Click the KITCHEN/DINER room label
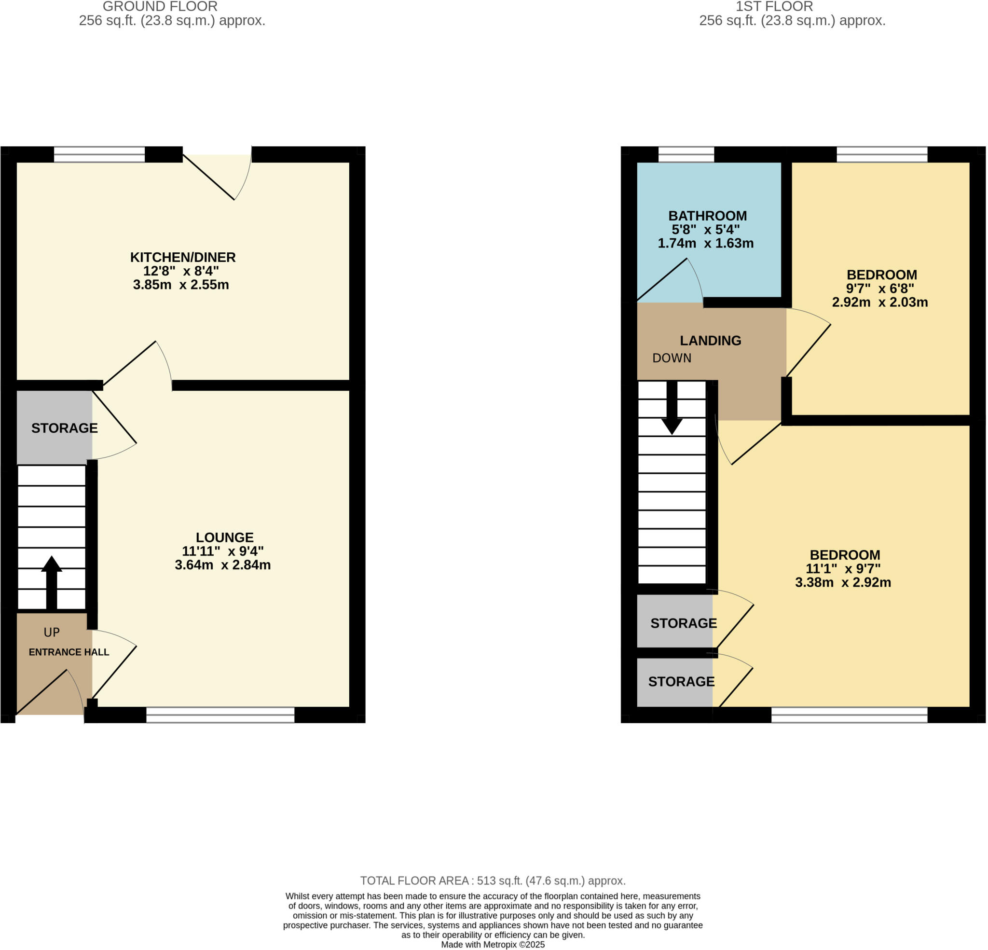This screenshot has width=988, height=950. (182, 257)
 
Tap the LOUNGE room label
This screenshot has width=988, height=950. (224, 537)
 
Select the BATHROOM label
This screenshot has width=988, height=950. (707, 216)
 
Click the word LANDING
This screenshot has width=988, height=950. (710, 340)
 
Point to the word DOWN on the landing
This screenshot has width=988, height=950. (672, 358)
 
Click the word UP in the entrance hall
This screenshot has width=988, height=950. (52, 633)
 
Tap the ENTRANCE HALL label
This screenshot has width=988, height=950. (69, 652)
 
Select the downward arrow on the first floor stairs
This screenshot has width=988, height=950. (672, 409)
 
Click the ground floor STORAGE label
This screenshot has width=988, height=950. (65, 428)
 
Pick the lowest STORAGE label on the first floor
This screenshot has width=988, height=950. (681, 682)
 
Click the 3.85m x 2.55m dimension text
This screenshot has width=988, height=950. (180, 285)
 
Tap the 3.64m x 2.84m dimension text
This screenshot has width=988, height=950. (222, 565)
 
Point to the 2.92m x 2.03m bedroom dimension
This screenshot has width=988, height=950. (879, 302)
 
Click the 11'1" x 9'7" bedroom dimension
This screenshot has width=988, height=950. (843, 569)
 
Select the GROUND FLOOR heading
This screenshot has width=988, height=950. (160, 7)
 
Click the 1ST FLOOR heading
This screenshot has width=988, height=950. (774, 7)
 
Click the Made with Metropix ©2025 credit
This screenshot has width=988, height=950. (493, 945)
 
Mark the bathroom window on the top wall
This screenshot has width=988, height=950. (686, 154)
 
